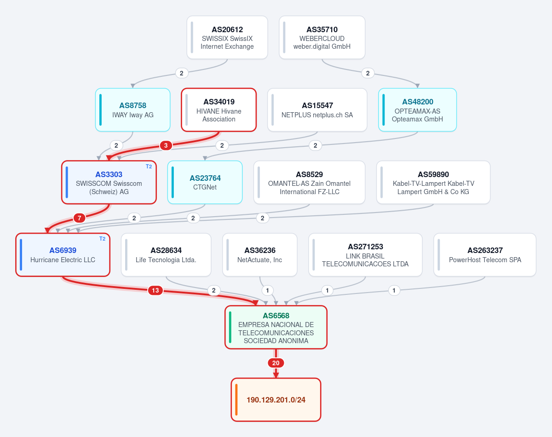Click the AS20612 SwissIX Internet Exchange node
(227, 37)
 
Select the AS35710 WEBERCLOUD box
(322, 37)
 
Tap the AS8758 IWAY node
(132, 110)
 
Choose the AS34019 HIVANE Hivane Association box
(219, 110)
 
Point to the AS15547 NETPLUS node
(317, 110)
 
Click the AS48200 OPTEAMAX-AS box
(417, 110)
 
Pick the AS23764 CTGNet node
(205, 182)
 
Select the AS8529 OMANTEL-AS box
(309, 182)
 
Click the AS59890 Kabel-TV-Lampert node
(433, 182)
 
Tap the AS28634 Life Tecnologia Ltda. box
(166, 255)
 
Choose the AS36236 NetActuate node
(260, 255)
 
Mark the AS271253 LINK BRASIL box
(365, 255)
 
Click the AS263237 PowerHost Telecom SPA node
(485, 255)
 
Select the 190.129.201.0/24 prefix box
(276, 400)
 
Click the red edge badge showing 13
(155, 290)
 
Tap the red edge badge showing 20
(276, 363)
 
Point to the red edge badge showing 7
(79, 218)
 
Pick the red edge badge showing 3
(166, 145)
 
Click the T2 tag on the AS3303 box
(149, 167)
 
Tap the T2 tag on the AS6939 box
(102, 239)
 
